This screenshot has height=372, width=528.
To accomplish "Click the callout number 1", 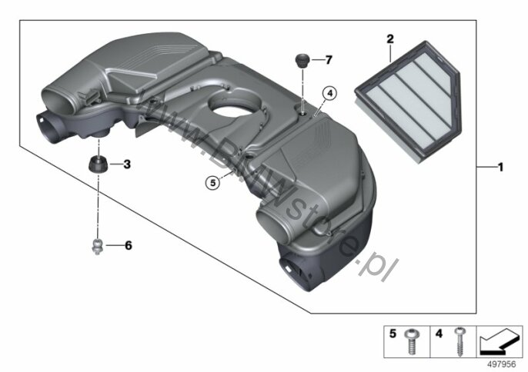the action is point(500,167).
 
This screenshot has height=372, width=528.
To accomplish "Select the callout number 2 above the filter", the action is point(390,39).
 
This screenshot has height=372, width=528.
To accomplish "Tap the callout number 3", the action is point(127,164).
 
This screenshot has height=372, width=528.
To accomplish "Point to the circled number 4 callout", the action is point(329,94).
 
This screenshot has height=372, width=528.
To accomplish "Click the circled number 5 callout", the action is point(212,183).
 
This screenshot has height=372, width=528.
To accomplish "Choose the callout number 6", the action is point(129,245).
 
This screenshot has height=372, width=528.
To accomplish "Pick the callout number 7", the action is point(329,60).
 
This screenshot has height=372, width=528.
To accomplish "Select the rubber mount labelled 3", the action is point(99,164).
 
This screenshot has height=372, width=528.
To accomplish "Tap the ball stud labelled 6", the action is point(97,246).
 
